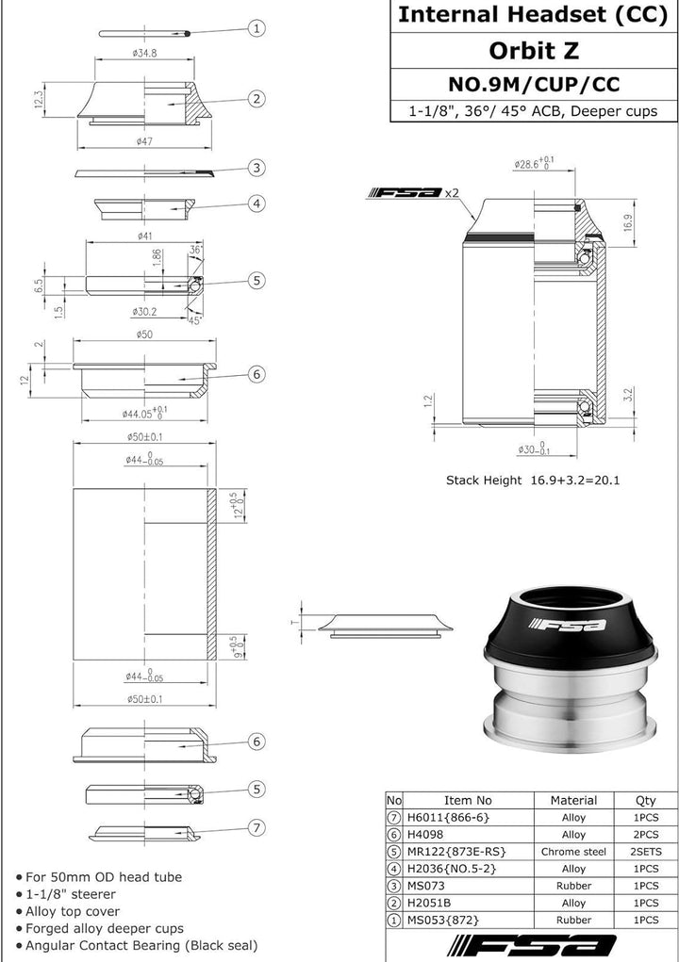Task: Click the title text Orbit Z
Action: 534,50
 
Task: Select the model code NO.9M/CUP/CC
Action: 534,84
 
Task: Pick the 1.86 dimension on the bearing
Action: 157,256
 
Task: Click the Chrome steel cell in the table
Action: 573,852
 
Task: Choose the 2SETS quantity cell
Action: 646,852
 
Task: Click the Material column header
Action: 573,800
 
